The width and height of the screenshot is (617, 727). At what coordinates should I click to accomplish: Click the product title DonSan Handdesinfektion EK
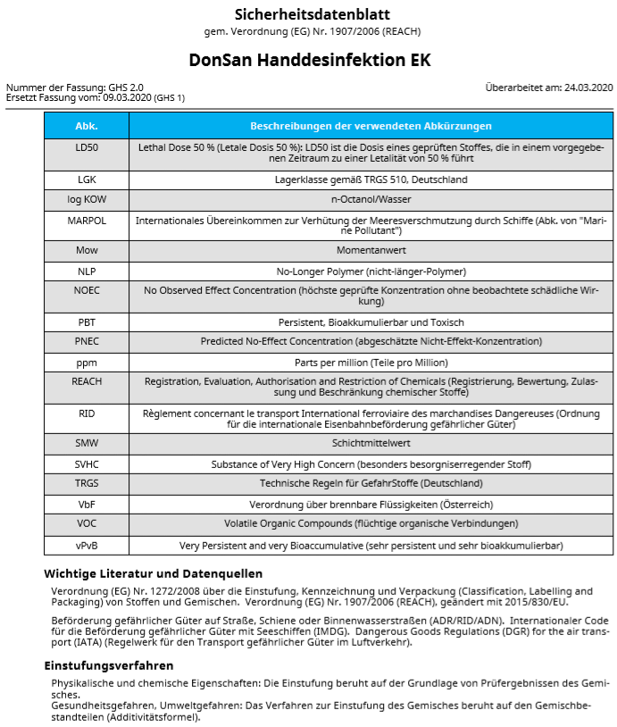point(309,61)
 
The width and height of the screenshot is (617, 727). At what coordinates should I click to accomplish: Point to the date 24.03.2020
point(588,88)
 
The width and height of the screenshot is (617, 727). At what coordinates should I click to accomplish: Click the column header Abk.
point(87,126)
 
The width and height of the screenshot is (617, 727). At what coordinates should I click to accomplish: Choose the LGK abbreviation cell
point(87,180)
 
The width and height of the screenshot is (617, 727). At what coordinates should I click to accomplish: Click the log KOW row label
point(87,199)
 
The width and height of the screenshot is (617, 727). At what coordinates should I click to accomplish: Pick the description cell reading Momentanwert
point(371,251)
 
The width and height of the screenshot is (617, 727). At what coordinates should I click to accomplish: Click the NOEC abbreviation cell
point(87,290)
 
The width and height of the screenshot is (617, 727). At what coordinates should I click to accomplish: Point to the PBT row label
point(87,322)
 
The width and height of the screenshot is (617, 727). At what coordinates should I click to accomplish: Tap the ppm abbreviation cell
point(87,362)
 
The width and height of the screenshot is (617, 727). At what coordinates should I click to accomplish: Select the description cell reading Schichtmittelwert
point(371,443)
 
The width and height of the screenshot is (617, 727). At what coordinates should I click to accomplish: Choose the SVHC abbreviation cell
point(87,464)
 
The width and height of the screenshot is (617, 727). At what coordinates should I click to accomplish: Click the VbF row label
point(87,503)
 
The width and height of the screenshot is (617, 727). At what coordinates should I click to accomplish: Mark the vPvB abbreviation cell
point(87,544)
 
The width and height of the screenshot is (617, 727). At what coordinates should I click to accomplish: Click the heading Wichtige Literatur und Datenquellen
point(153,573)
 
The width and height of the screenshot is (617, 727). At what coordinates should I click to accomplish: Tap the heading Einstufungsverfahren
point(109,665)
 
